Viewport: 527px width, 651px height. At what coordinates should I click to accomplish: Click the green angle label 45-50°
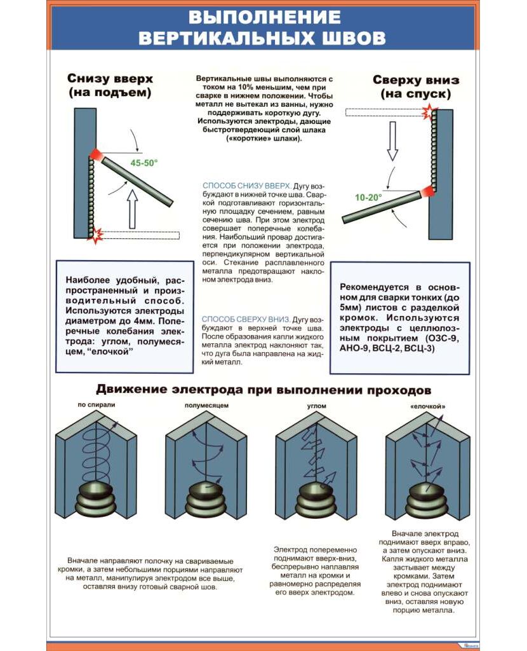144,163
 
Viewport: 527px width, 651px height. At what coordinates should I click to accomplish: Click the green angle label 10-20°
368,198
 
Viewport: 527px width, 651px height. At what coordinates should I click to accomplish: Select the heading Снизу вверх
110,79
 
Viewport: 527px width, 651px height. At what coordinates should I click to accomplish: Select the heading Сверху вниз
416,80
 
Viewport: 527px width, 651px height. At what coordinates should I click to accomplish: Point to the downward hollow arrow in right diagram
392,140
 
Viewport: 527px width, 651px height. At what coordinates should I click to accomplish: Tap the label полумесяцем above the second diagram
207,405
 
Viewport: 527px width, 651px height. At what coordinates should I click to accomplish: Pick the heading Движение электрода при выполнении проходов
263,388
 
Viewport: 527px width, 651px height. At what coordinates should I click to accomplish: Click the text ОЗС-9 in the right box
442,338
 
